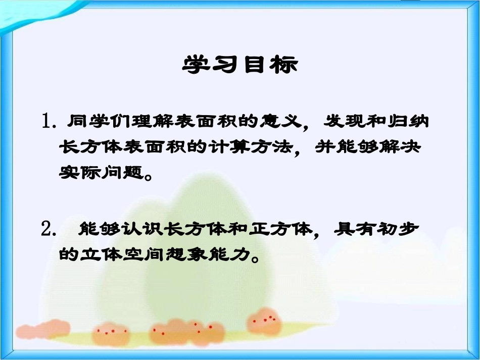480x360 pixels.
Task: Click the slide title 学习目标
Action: (239, 65)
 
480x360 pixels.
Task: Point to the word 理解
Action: (146, 121)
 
